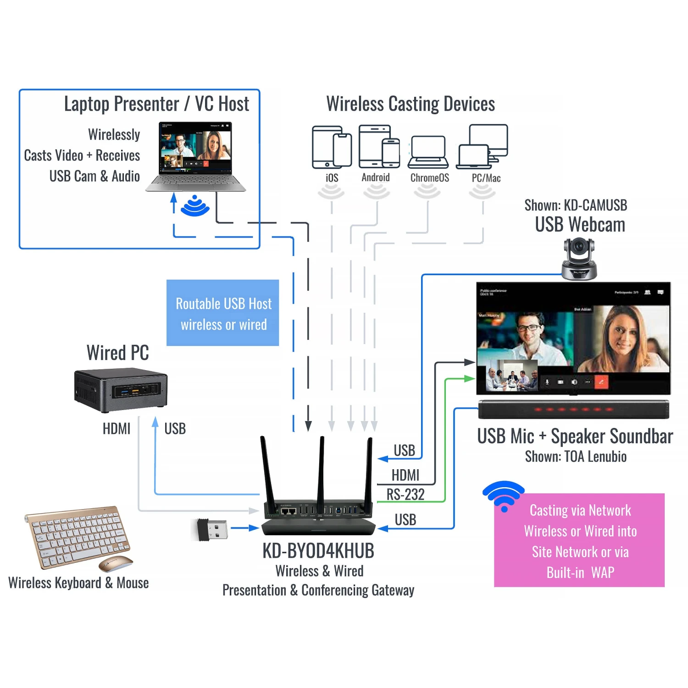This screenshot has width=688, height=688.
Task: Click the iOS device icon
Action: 332,147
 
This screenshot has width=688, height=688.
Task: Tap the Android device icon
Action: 379,146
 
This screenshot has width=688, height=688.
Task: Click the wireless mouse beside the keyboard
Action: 115,563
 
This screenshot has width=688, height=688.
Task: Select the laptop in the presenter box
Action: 196,156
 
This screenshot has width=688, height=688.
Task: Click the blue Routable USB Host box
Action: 222,313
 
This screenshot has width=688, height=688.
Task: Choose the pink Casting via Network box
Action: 579,540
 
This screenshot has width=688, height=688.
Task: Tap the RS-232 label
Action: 405,494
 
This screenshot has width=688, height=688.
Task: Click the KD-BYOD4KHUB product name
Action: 318,551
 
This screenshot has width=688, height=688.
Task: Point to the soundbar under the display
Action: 573,409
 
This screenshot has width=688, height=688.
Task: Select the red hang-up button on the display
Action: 601,382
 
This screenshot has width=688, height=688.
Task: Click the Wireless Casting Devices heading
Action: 411,104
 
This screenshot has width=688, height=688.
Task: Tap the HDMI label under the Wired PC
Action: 117,429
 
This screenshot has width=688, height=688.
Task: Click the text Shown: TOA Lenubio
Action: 576,457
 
